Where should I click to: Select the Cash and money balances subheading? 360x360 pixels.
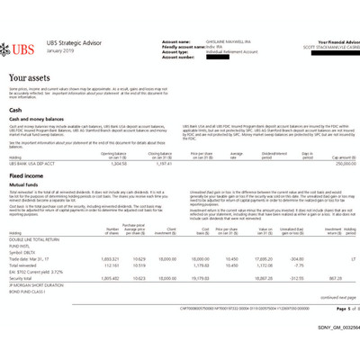click(41, 120)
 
